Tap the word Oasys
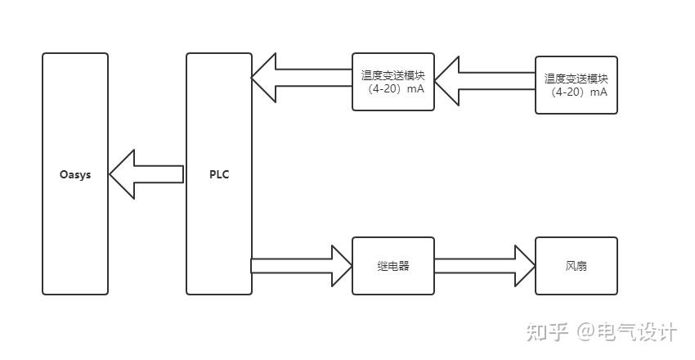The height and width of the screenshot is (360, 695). point(74,174)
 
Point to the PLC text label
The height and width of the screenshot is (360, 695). point(218,174)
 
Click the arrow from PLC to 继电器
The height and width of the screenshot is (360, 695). point(294,266)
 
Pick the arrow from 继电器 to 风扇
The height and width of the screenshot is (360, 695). point(482,266)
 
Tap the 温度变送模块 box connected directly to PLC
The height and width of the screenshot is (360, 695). point(392,82)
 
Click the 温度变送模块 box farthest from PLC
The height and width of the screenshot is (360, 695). point(576,85)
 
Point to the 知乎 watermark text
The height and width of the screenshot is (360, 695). point(546,332)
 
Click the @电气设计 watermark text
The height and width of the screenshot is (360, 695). point(626,332)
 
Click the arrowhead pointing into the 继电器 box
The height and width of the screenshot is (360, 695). point(341,266)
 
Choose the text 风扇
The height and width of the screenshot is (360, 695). point(576,267)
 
